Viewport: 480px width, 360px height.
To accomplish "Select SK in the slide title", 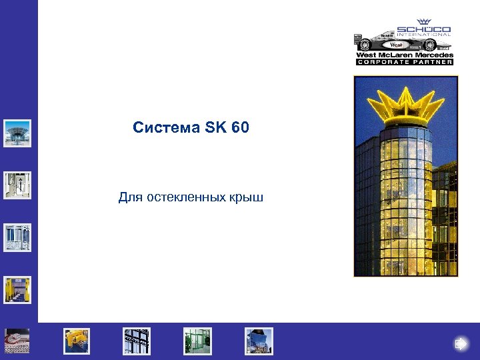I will coord(216,127).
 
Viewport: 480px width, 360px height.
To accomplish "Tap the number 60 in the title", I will coord(241,127).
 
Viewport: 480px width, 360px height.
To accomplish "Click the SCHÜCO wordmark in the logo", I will coord(423,29).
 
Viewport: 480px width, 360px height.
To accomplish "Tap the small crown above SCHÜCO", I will coord(423,22).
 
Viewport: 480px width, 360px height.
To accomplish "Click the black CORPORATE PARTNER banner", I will coord(405,62).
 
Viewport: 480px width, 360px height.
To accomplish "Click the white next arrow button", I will coord(461,344).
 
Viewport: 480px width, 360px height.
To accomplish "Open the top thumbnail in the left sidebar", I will coord(17,133).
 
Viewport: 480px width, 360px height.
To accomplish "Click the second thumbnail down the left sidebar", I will coord(17,185).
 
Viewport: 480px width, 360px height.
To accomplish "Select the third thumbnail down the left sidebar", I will coord(17,237).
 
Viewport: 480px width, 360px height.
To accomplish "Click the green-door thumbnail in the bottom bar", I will coord(198,341).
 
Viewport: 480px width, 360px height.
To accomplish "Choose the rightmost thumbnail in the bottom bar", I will coord(259,341).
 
